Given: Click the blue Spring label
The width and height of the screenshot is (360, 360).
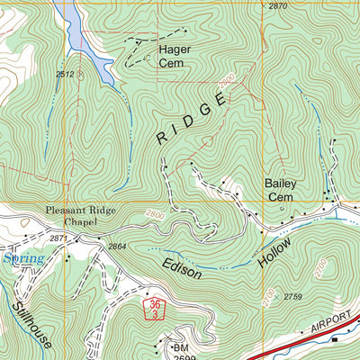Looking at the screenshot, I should point(22,259).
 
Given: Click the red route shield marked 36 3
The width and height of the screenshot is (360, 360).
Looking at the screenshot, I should point(155,310).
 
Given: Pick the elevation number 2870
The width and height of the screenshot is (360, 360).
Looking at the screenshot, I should point(279,6).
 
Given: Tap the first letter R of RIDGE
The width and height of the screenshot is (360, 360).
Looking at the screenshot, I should point(161,139).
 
